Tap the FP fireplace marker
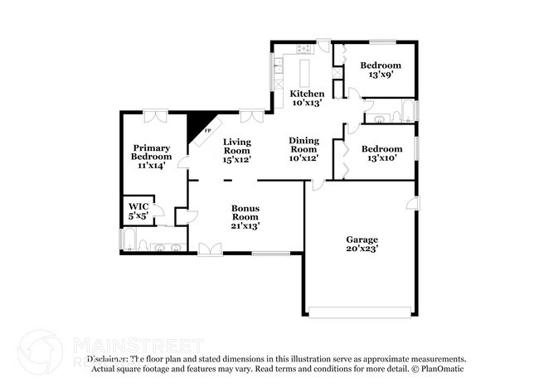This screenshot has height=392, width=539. pos(207,131)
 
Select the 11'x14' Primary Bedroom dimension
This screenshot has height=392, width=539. pos(152,165)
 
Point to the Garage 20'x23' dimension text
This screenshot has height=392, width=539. pos(362,248)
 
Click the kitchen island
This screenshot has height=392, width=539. pos(303,68)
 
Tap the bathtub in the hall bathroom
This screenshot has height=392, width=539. pos(405,111)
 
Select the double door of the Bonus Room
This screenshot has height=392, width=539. pos(210,247)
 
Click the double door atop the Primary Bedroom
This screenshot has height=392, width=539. pos(154,114)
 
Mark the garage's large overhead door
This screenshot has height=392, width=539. pos(358,312)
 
